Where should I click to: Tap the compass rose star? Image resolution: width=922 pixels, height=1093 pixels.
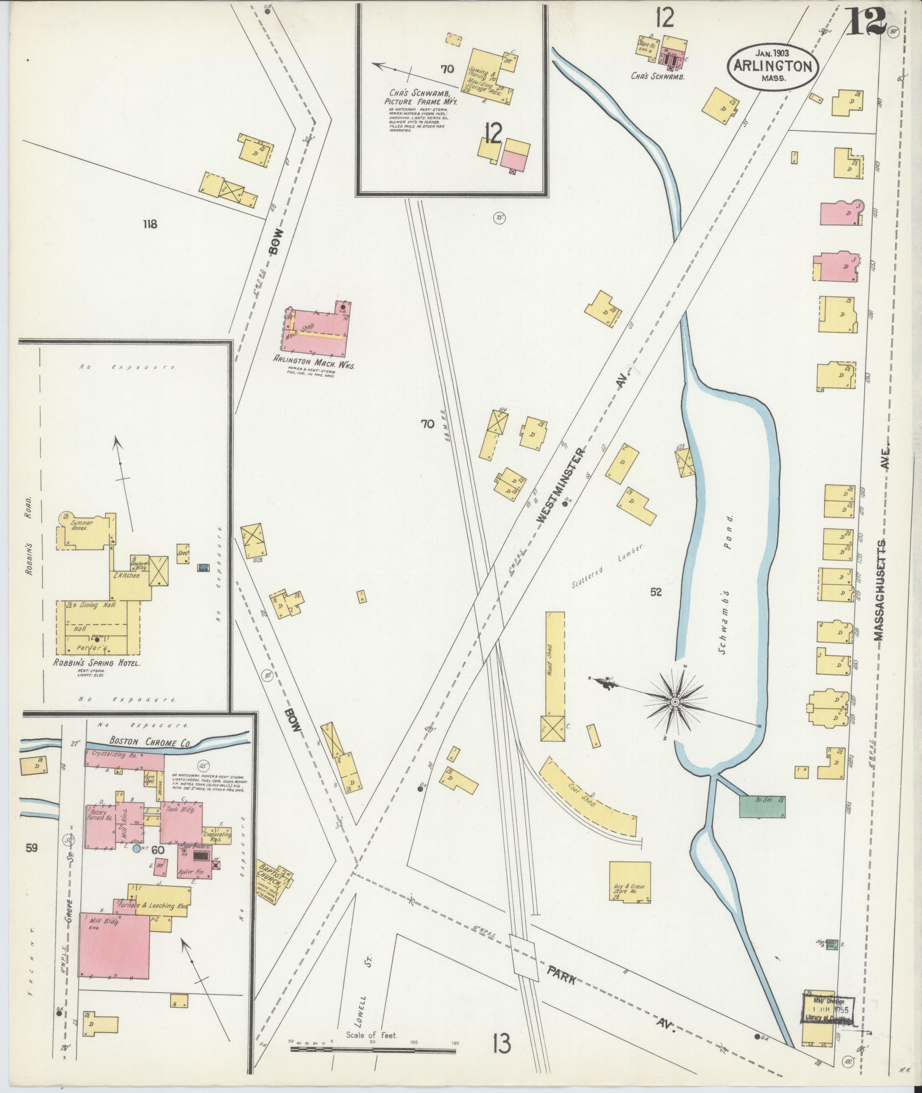pyautogui.click(x=674, y=701)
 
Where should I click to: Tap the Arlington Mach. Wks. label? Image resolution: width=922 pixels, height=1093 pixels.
pyautogui.click(x=313, y=361)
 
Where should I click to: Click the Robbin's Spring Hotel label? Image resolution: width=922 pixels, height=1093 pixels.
pyautogui.click(x=98, y=663)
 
